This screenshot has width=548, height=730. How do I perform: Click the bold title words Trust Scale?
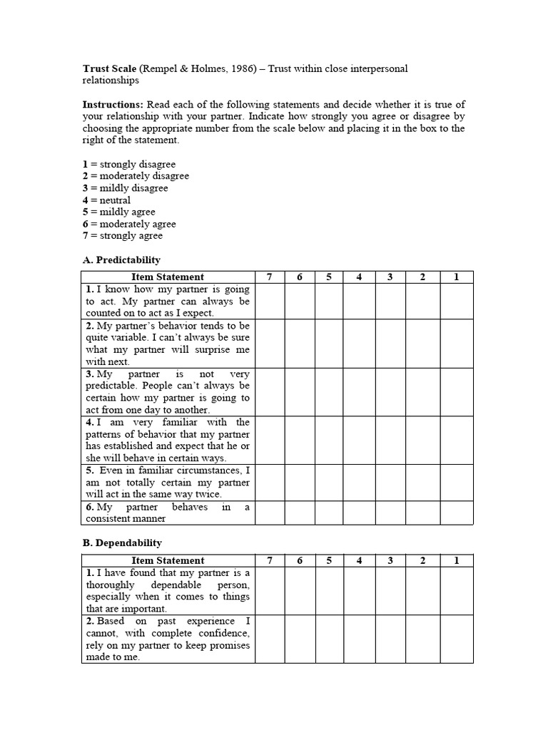coord(109,68)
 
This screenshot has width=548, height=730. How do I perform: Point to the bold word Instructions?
coord(113,104)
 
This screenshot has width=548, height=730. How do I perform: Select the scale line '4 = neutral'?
coord(106,200)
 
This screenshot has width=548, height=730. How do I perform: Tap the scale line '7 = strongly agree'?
coord(122,236)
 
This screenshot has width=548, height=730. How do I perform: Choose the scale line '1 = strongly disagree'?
coord(128,165)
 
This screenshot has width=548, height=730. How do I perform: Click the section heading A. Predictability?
coord(121,259)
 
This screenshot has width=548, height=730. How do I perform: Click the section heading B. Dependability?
coord(122,543)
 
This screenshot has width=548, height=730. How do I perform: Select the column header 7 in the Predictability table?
coord(269,277)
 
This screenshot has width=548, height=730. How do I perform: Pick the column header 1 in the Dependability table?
coord(456,561)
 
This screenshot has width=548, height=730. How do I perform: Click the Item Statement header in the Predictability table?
coord(168,277)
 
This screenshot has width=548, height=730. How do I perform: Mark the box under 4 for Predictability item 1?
coord(359,302)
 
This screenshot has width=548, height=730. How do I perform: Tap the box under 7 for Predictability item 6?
coord(269,513)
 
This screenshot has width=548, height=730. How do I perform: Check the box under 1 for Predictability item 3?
coord(456,392)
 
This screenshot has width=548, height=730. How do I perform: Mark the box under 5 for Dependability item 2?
coord(329,639)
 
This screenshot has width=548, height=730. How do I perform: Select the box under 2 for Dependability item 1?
coord(422,591)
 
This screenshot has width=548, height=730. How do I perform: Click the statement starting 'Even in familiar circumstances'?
coord(168,483)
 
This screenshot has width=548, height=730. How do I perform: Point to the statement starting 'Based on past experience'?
coord(168,639)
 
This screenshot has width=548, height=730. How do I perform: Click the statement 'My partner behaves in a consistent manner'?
coord(168,513)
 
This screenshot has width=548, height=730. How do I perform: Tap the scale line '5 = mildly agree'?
coord(118,212)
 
